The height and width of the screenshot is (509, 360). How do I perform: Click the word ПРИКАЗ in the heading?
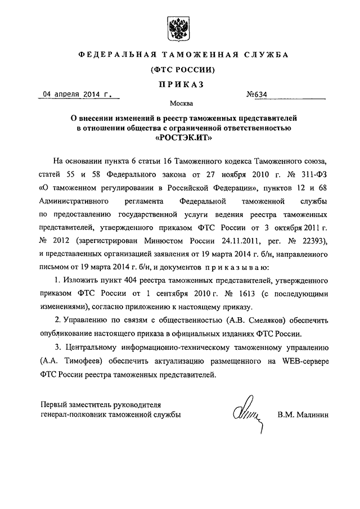coord(179,84)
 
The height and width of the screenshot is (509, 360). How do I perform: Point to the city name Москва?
coord(179,104)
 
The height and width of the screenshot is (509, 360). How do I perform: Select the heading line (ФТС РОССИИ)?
coord(179,70)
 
